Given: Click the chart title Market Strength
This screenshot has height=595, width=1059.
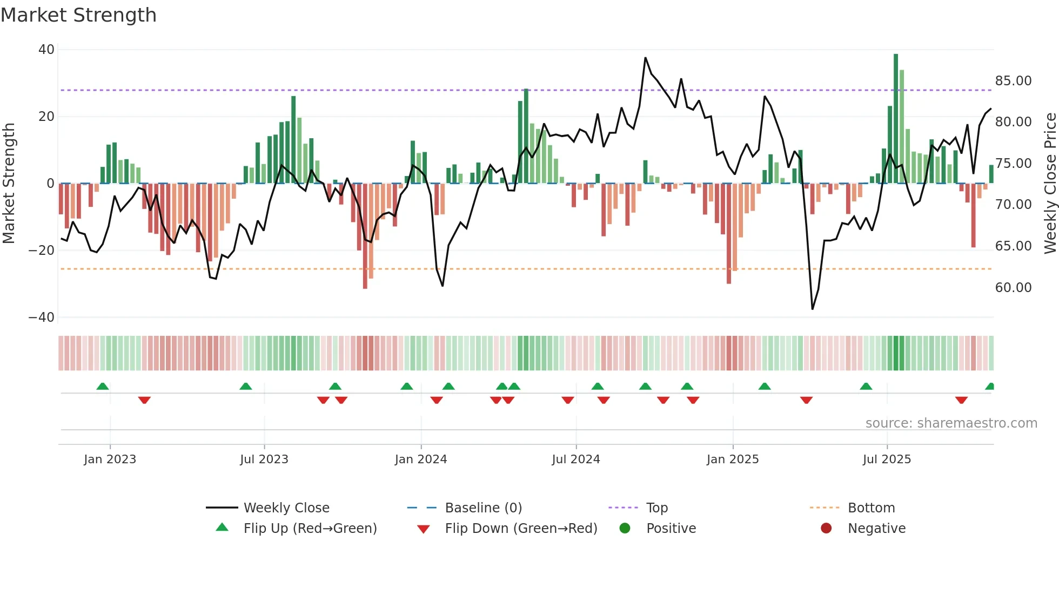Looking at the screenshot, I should coord(78,15).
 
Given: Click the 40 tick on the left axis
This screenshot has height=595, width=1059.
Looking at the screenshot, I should coord(46,50).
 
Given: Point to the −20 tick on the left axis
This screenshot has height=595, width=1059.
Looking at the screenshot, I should coord(42,251).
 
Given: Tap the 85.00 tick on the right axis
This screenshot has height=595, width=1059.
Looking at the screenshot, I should coord(1013,81).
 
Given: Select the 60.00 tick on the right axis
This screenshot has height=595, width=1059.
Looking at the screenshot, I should coord(1013,288).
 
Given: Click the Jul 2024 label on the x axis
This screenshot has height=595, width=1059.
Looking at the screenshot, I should coord(575,459).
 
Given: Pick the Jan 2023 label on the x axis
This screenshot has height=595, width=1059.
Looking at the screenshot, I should coord(110,459).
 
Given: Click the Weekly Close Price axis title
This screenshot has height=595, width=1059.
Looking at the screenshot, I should coord(1050,184).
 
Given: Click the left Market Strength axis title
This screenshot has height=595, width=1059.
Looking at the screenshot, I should coord(9,184).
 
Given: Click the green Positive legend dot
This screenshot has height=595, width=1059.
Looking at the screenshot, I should coord(625,529).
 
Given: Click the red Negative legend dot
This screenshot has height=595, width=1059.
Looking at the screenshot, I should coord(826,529).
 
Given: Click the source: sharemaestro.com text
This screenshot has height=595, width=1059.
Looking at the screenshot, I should coord(951,423).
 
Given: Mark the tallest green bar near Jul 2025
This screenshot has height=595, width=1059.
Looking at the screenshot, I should coord(896,119).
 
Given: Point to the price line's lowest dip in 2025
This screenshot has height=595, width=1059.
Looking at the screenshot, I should coord(812,309).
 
